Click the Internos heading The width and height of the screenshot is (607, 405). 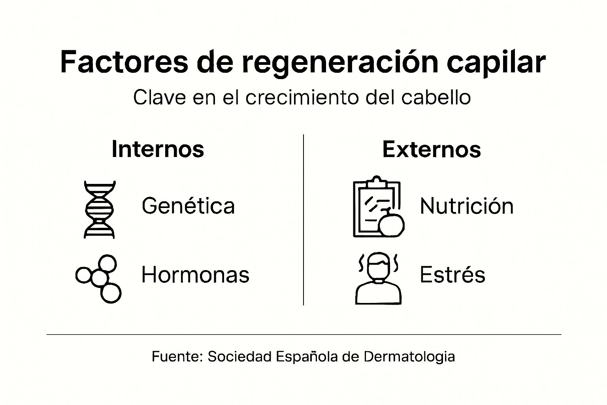(x=158, y=149)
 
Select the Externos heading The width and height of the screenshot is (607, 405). (x=432, y=149)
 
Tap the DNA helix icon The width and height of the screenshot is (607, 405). (x=100, y=209)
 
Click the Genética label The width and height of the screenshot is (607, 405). (x=188, y=206)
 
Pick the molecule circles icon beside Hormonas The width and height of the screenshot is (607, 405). (x=99, y=278)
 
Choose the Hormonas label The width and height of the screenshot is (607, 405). (x=195, y=274)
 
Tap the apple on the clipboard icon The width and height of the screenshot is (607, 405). (x=391, y=224)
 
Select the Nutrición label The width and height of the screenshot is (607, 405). (x=467, y=206)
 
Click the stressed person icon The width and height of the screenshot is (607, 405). (x=378, y=278)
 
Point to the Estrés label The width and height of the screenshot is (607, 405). (x=452, y=274)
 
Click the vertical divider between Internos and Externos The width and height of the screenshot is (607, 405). (x=303, y=220)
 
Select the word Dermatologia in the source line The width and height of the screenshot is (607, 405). (x=409, y=357)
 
